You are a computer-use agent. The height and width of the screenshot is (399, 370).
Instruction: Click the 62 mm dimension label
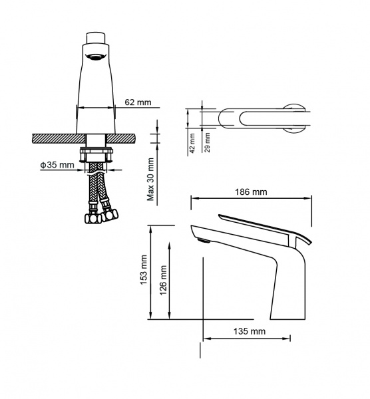click(138, 102)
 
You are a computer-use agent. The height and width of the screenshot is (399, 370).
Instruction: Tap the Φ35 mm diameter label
click(57, 165)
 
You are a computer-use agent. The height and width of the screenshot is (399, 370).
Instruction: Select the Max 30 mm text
click(151, 179)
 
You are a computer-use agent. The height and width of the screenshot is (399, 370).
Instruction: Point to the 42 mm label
click(192, 143)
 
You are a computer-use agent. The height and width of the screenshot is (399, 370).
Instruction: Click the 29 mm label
click(207, 142)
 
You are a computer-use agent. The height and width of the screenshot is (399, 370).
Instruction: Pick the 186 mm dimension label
click(251, 192)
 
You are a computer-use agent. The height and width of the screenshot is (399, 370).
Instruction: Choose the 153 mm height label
click(144, 270)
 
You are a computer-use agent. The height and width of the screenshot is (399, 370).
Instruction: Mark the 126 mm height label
click(163, 281)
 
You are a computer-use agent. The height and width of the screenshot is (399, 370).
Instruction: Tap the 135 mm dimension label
click(250, 331)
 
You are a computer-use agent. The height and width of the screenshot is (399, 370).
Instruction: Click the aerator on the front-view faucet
click(95, 57)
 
